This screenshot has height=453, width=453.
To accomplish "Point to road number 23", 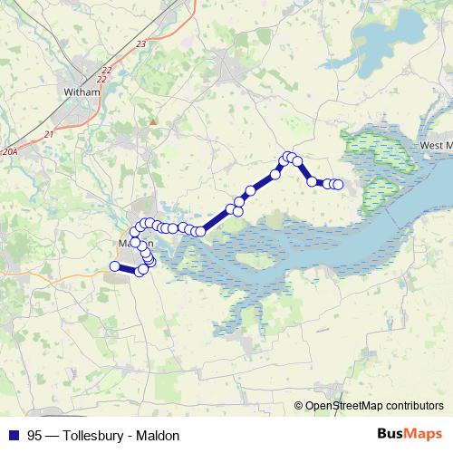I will (140, 43).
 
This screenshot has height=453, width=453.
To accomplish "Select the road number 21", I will (48, 135).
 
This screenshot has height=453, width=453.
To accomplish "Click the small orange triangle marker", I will (153, 120).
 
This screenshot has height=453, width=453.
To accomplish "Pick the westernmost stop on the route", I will (115, 265).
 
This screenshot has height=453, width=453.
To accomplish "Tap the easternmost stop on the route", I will (339, 185).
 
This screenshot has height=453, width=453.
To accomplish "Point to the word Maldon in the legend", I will (159, 435).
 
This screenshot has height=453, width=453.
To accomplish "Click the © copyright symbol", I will (299, 407).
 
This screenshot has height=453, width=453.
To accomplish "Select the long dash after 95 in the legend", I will (52, 435).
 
